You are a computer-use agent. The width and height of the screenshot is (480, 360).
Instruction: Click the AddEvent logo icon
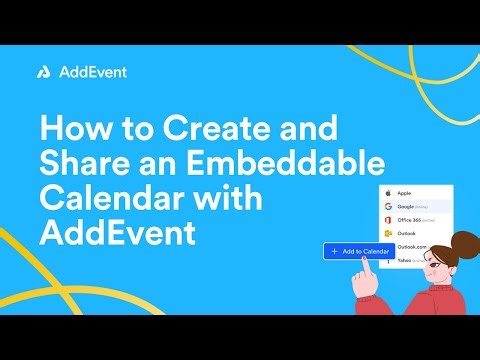45,72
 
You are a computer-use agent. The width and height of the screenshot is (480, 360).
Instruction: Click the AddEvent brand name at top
92,72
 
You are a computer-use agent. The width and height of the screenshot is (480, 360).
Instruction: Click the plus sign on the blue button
333,250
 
